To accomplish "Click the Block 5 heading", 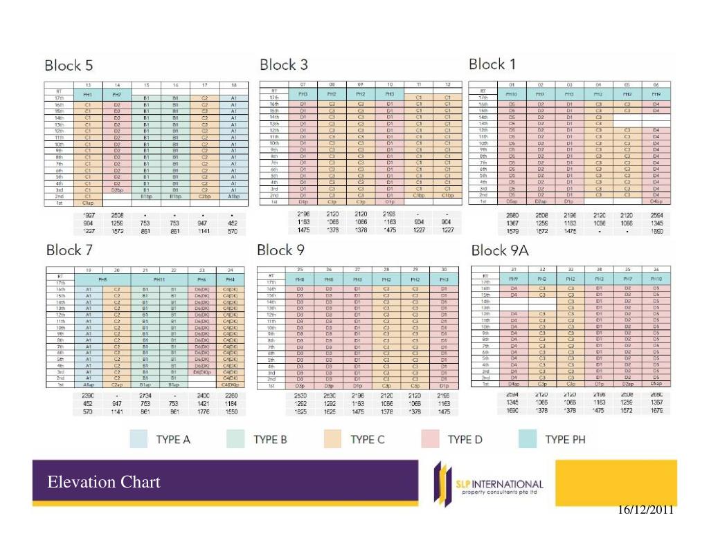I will point(69,66).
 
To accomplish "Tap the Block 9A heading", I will point(500,250).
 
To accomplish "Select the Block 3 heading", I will point(284,65).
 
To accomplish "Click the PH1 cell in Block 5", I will point(88,93).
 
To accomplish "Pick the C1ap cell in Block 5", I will point(88,203).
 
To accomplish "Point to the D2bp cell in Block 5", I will point(117,189).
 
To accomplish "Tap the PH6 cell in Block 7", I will point(203,279).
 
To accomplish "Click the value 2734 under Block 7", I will point(146,396).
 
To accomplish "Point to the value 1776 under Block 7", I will point(203,412).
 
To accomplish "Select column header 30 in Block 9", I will point(443,268).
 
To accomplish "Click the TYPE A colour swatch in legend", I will point(139,439).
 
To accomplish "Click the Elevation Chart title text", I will point(104,482).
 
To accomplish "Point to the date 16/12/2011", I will point(644,510).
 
